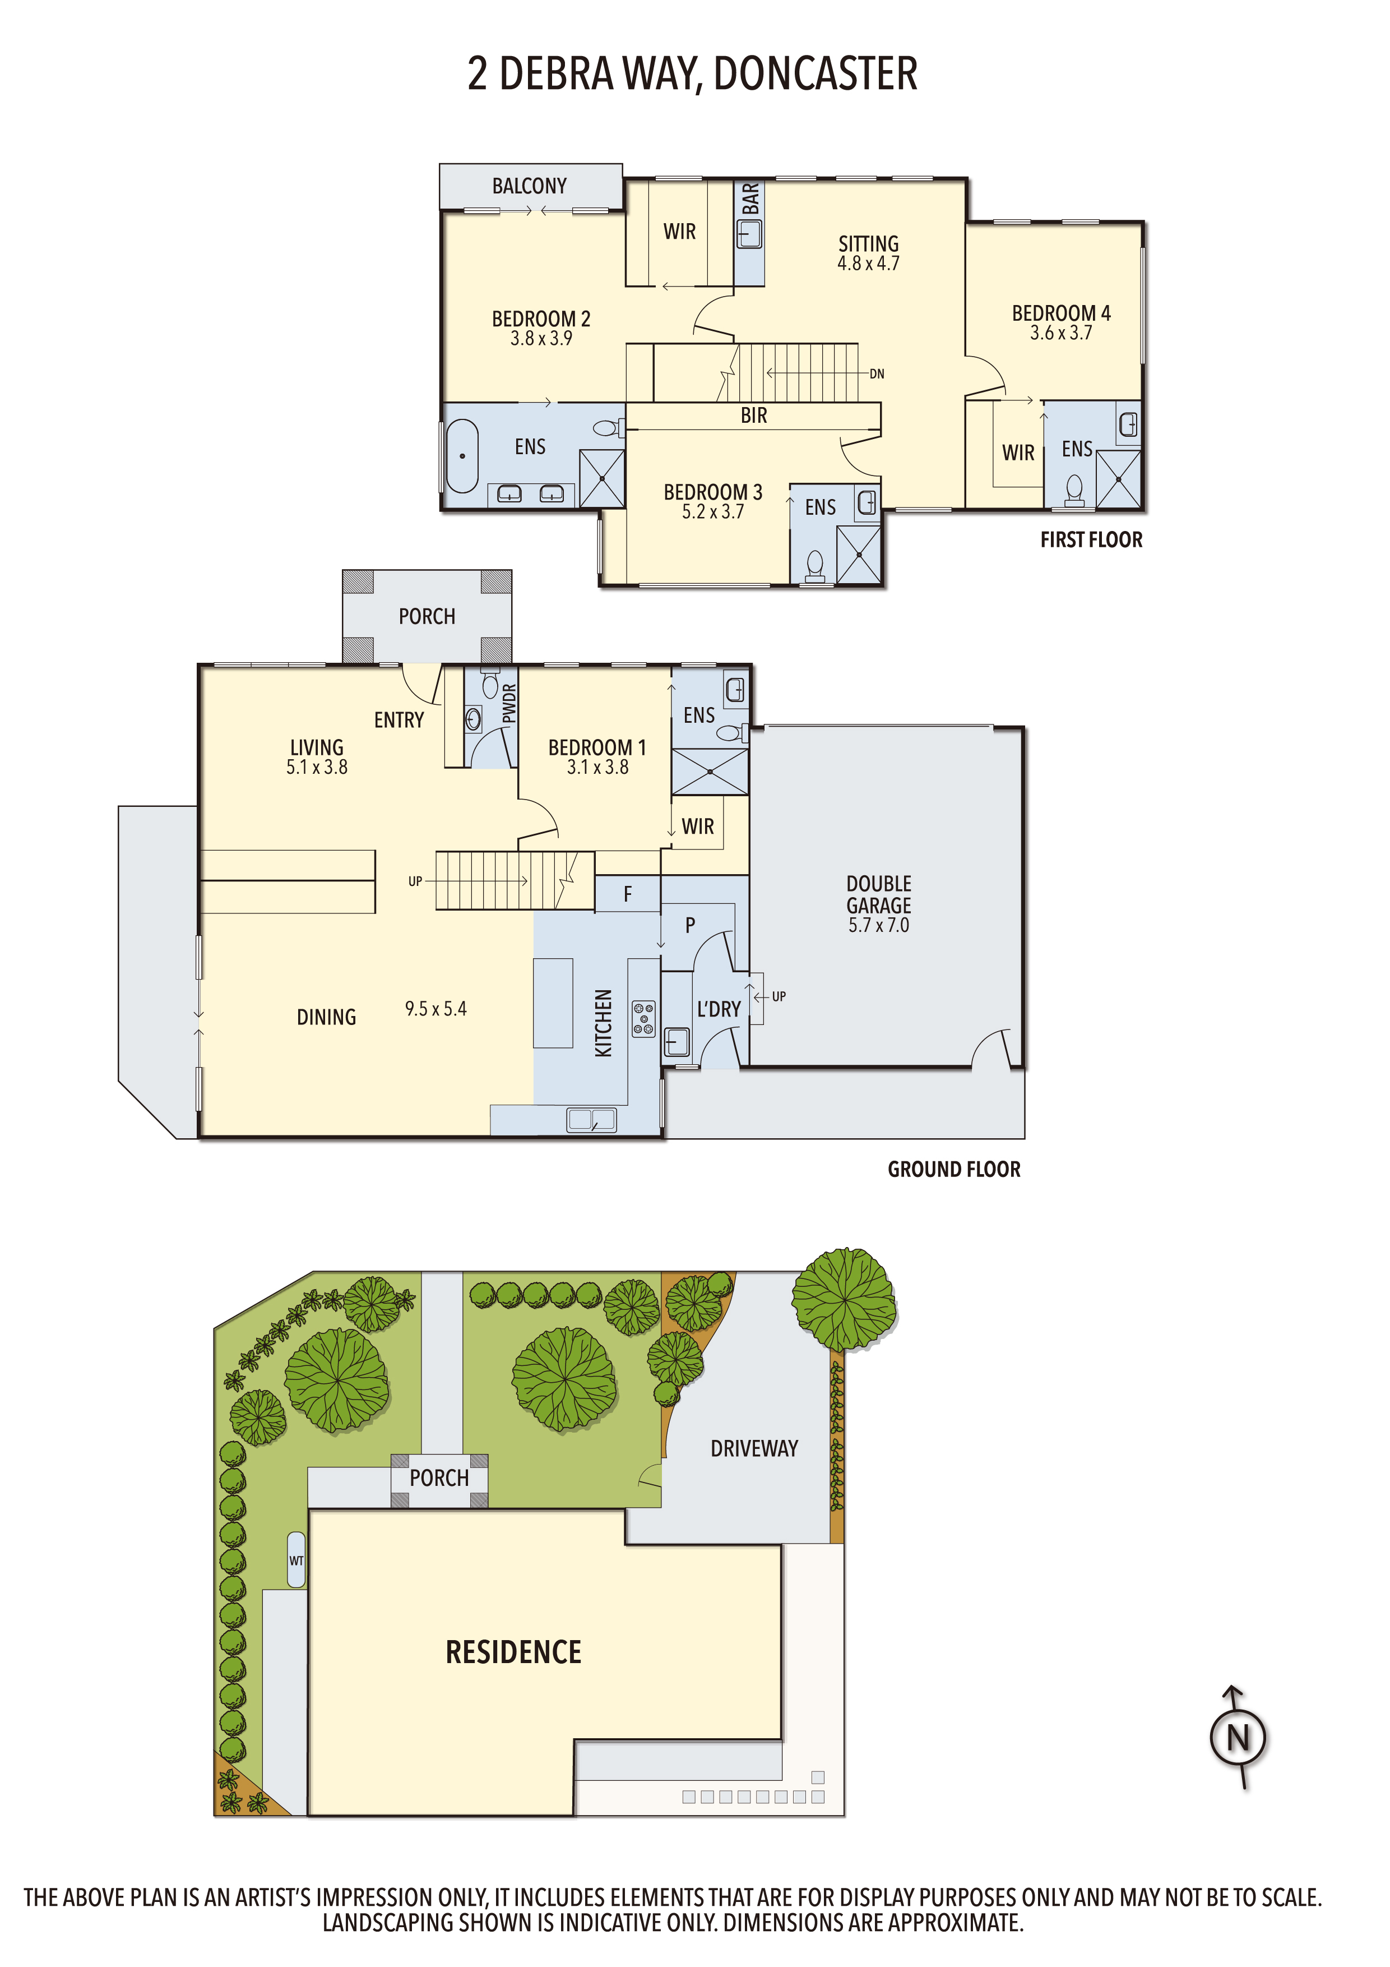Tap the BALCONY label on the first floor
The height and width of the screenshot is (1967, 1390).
tap(529, 186)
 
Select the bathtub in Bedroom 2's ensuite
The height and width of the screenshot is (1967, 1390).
tap(462, 456)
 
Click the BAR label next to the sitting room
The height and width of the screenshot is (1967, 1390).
tap(750, 198)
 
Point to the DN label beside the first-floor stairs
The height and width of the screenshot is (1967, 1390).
tap(877, 373)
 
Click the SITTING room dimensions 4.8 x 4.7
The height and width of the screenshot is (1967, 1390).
tap(868, 264)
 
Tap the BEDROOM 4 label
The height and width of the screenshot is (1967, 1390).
tap(1061, 313)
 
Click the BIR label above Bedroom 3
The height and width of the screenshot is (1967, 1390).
tap(754, 415)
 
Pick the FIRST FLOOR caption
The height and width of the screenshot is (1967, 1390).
tap(1091, 540)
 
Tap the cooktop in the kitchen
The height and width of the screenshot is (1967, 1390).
tap(644, 1019)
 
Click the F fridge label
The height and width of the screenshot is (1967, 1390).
tap(628, 894)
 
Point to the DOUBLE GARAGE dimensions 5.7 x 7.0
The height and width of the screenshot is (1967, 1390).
tap(879, 925)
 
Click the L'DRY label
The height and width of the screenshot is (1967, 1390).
tap(719, 1009)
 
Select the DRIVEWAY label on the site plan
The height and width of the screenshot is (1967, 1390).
tap(754, 1449)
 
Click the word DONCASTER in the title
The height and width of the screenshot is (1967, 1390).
tap(816, 73)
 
